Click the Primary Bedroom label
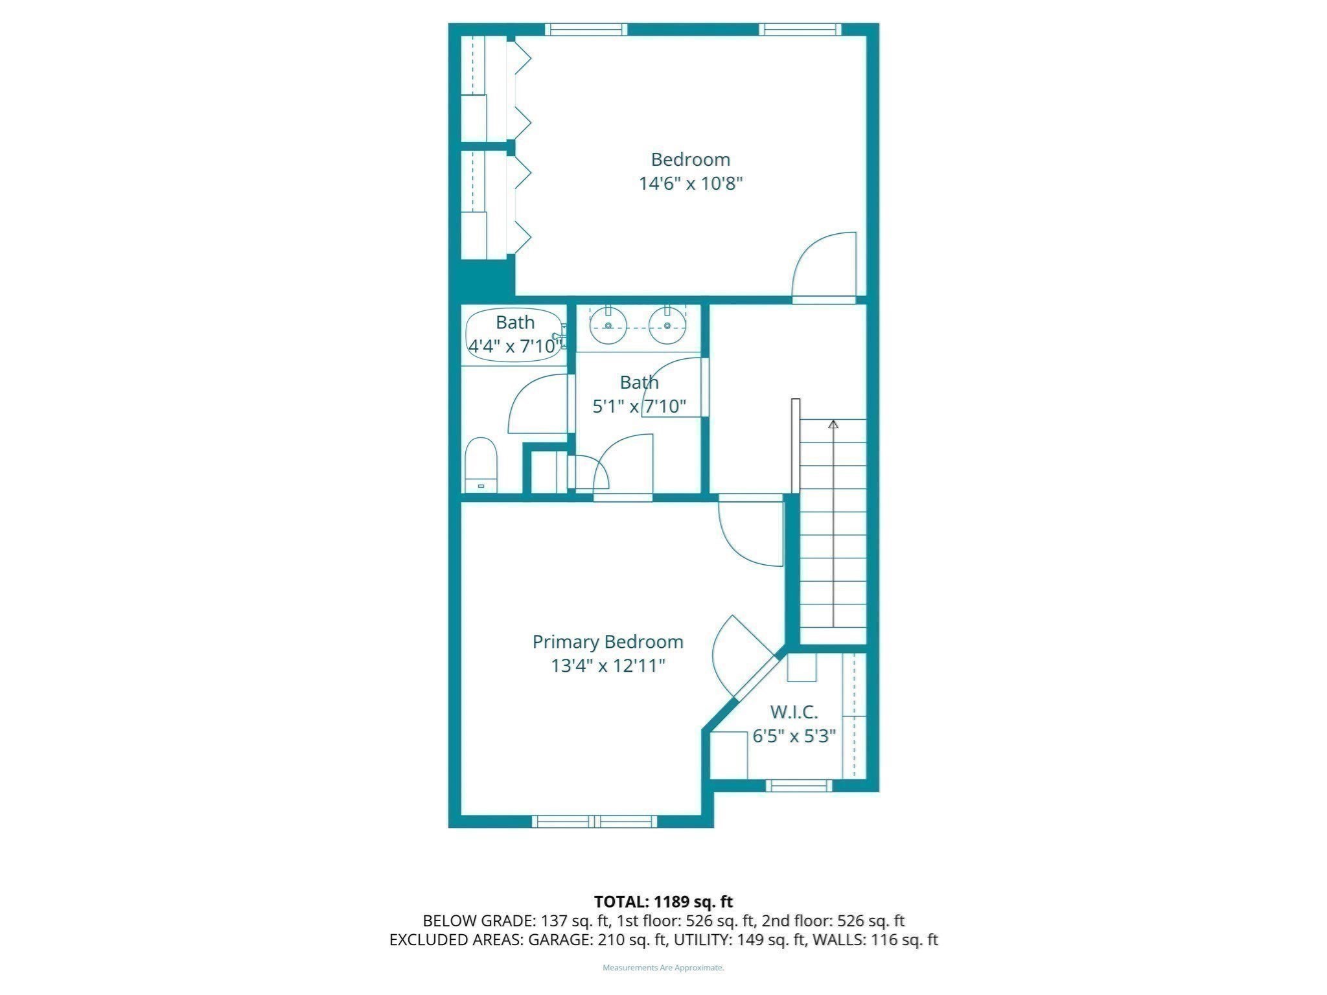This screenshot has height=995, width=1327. tap(607, 642)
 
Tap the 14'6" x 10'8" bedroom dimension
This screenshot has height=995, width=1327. tap(690, 183)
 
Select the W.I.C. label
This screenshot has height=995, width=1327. tap(794, 712)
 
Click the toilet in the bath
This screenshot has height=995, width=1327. tap(481, 465)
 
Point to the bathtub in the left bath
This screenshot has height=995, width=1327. tap(514, 334)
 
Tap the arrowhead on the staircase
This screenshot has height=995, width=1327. tap(833, 424)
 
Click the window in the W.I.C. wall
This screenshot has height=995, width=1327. tap(798, 785)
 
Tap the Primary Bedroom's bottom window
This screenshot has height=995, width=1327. tap(594, 821)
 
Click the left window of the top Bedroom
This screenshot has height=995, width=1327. tap(586, 29)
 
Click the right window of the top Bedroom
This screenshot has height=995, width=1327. tap(800, 29)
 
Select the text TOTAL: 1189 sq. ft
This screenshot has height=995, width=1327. tap(663, 901)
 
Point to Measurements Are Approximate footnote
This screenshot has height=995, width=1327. tap(663, 968)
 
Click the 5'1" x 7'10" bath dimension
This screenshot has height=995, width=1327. tap(639, 406)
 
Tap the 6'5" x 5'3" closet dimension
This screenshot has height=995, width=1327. tap(794, 736)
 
